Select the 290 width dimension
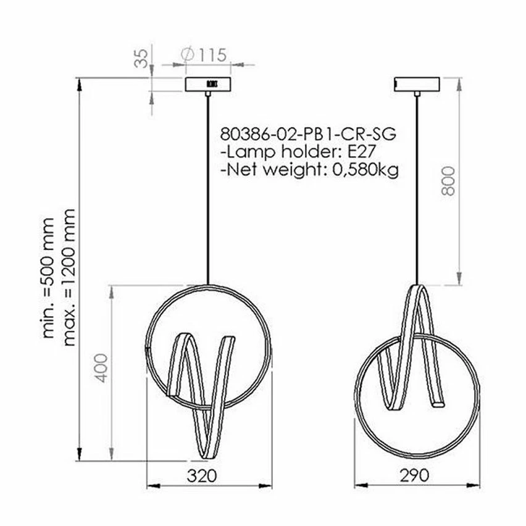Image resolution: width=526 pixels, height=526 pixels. (x=414, y=475)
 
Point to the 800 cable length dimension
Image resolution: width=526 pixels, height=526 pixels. (x=449, y=180)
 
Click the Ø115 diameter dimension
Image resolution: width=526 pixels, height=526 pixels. (x=204, y=54)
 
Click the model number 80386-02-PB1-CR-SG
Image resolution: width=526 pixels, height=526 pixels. (x=307, y=133)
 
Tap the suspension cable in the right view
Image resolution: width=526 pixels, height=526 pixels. (x=417, y=185)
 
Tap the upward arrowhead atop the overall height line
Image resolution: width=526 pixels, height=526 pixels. (x=80, y=83)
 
